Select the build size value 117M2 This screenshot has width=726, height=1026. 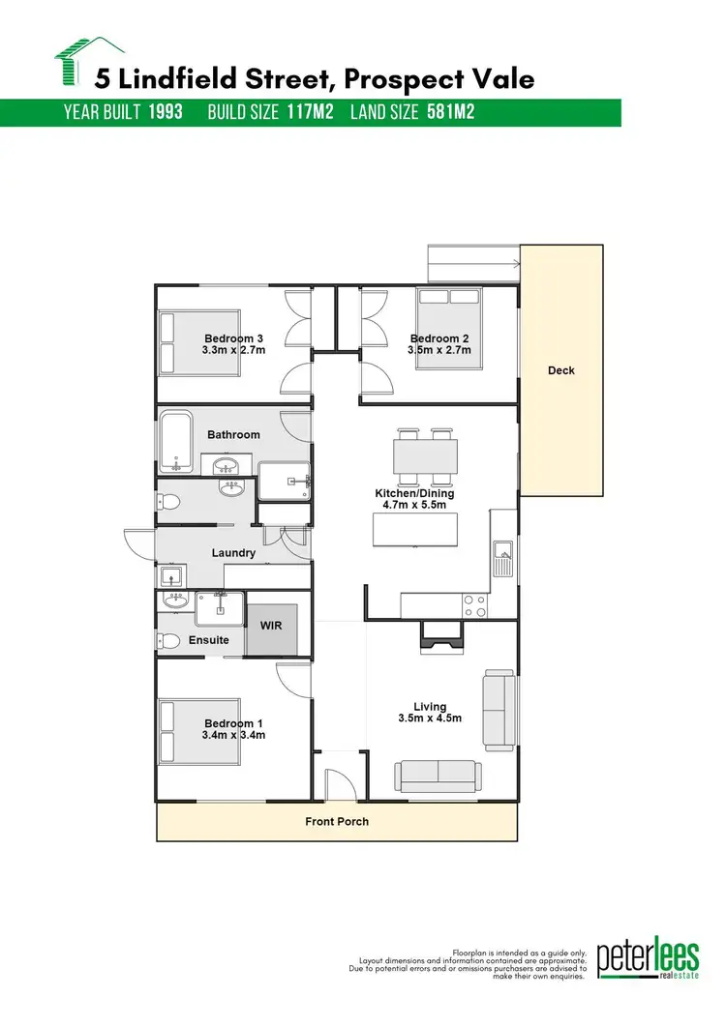[310, 112]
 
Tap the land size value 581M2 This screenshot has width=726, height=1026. [450, 112]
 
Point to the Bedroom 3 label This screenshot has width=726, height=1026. [233, 338]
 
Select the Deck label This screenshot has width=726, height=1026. [561, 370]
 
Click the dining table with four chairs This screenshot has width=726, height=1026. [425, 457]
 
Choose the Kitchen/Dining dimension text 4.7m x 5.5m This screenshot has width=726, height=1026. [415, 506]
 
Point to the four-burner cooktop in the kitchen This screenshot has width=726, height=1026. [475, 605]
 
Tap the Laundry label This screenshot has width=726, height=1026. [233, 553]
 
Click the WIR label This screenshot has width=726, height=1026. [269, 625]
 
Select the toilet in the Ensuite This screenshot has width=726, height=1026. [169, 641]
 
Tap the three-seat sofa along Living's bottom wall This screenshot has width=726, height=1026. [437, 775]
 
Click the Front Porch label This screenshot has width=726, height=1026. [337, 822]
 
